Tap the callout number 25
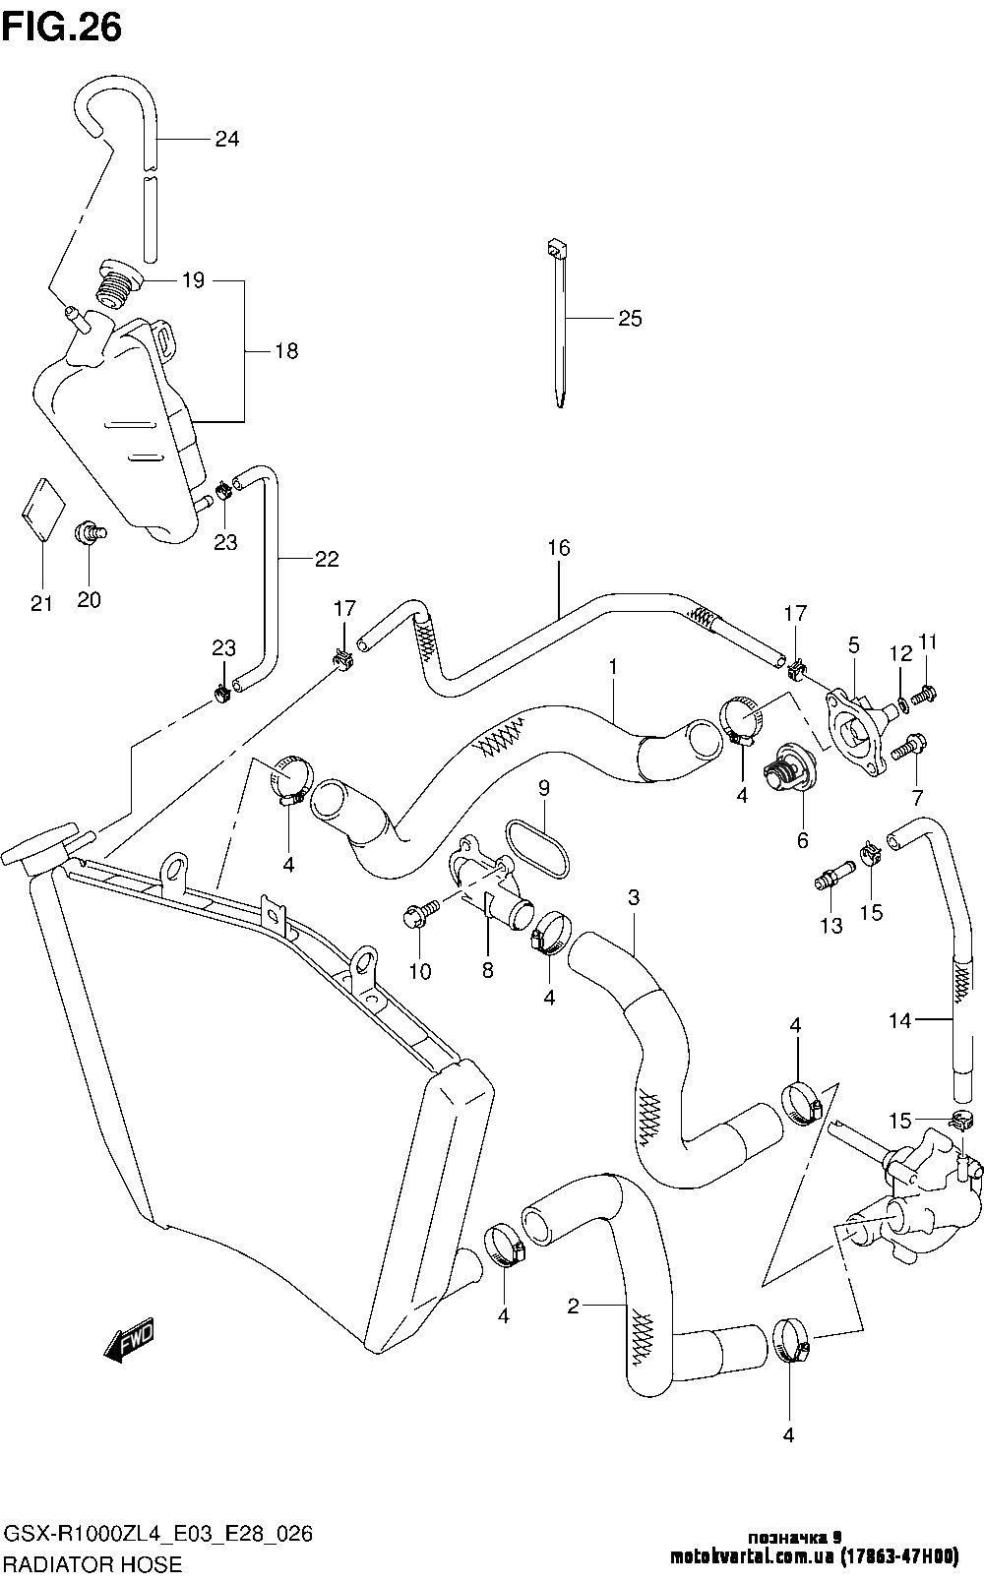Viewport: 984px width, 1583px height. pos(630,319)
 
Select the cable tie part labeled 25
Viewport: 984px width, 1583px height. pos(558,324)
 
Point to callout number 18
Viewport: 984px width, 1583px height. pos(285,350)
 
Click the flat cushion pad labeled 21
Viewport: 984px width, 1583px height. pos(42,510)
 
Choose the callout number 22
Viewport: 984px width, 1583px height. pos(327,559)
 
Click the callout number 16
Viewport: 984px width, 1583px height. pos(559,548)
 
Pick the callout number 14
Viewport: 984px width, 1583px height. pos(900,1020)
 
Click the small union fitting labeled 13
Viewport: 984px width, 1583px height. pos(834,874)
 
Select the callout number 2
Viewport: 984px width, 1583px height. pos(574,1306)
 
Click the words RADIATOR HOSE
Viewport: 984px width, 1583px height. pos(93,1564)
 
